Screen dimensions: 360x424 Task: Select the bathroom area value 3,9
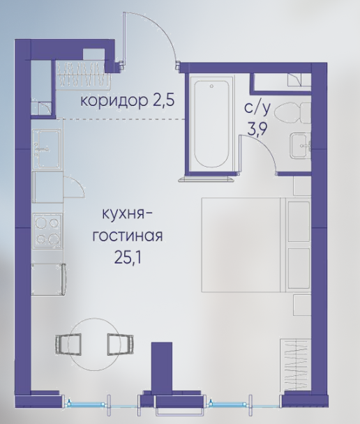(x=257, y=129)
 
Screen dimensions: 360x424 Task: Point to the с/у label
(x=257, y=109)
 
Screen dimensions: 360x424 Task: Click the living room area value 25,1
(x=128, y=257)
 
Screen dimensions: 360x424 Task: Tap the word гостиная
(x=128, y=236)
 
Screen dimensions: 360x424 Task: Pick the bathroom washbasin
(x=300, y=146)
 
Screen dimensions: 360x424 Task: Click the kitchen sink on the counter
(x=47, y=149)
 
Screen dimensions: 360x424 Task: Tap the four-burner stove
(x=47, y=231)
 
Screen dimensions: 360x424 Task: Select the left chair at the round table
(x=68, y=344)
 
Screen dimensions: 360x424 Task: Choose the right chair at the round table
(x=121, y=344)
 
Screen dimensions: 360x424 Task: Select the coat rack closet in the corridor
(x=84, y=75)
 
